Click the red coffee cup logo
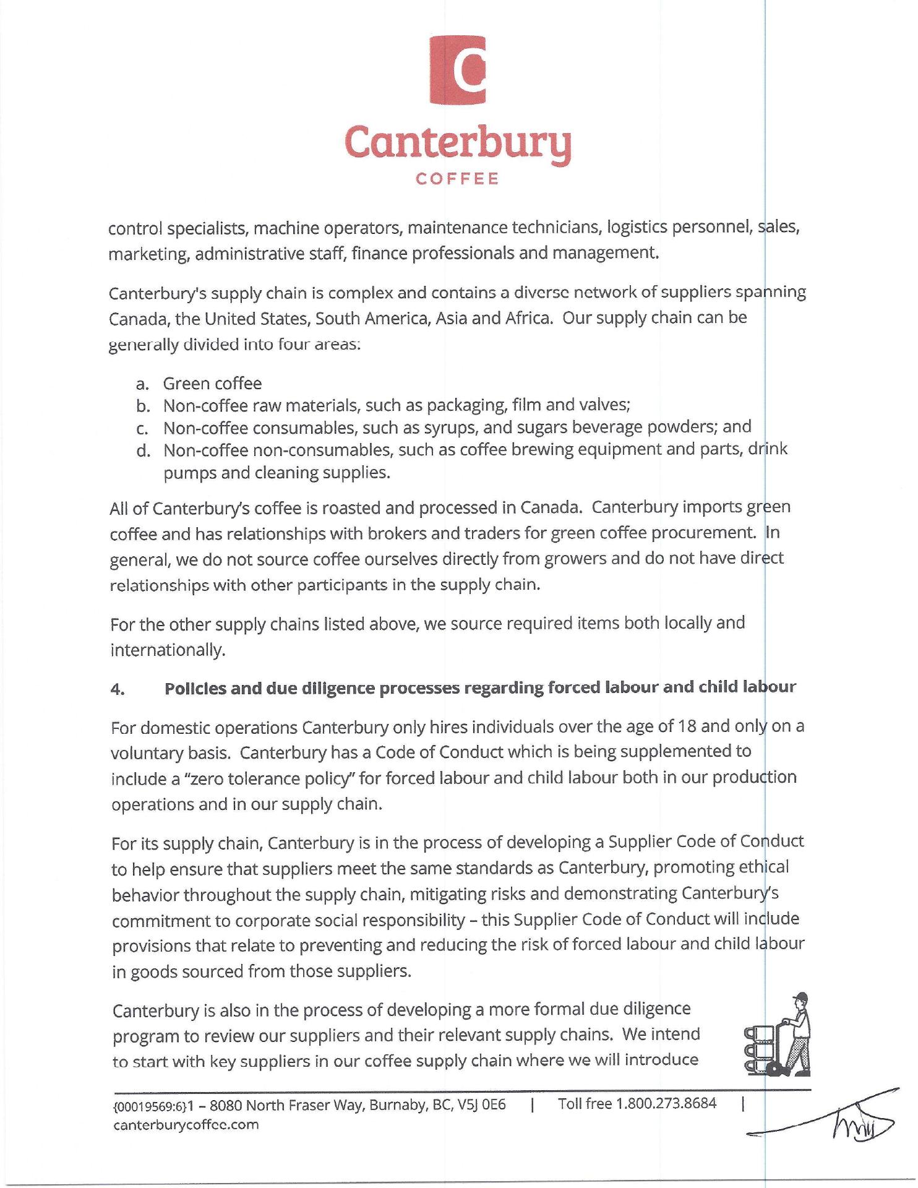[458, 69]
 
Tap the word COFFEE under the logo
[458, 179]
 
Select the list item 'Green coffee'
[212, 384]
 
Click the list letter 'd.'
[144, 450]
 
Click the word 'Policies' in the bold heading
[194, 688]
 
